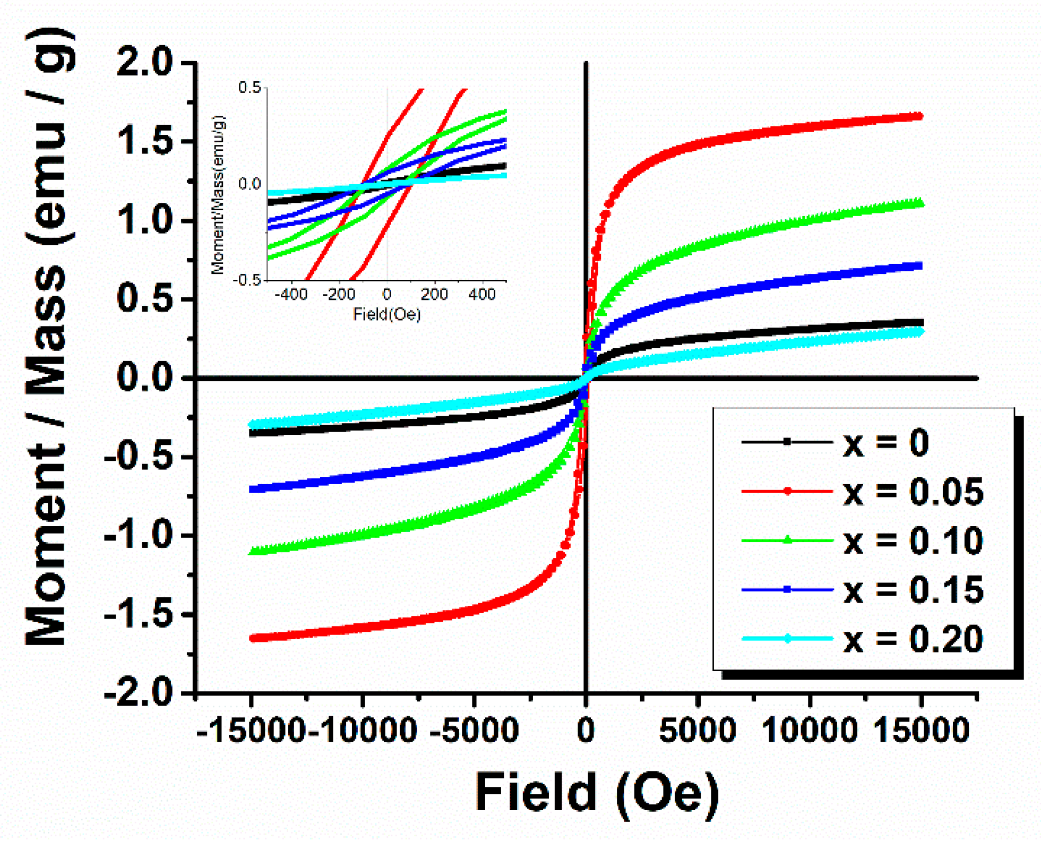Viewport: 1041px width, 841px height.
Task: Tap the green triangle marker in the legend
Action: coord(788,540)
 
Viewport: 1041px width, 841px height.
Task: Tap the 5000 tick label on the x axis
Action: coord(697,730)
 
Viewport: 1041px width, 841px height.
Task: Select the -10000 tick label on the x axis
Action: coord(362,730)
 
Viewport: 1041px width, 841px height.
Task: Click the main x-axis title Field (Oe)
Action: coord(597,793)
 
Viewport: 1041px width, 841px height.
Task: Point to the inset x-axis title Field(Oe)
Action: coord(386,314)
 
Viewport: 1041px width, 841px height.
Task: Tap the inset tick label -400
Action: coord(291,294)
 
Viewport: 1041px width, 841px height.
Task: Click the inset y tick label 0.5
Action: coord(250,88)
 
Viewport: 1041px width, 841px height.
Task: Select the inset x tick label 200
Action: coord(434,294)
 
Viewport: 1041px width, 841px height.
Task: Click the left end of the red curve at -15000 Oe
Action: coord(253,638)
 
